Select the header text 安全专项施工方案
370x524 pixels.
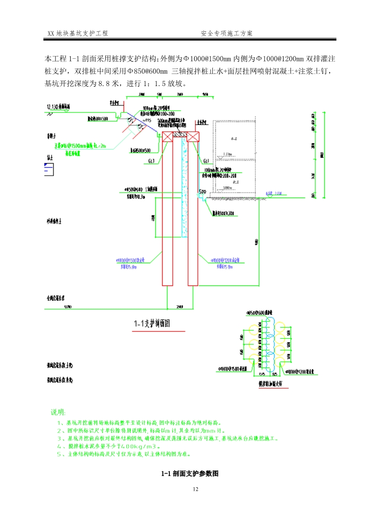pos(227,34)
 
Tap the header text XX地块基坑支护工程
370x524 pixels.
pos(77,34)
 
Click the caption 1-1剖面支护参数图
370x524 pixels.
pos(189,474)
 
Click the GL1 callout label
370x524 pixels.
pos(206,161)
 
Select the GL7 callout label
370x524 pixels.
pos(151,161)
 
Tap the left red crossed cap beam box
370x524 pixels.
pos(168,137)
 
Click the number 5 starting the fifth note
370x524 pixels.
pos(59,454)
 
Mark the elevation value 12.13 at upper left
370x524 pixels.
pos(51,107)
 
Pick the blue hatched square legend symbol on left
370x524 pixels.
pos(48,169)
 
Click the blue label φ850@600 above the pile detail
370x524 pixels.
pos(259,312)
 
